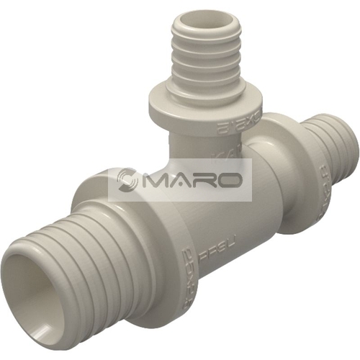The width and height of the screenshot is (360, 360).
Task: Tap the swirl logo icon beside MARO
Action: (x=127, y=179)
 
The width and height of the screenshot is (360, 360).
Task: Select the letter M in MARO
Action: (x=153, y=179)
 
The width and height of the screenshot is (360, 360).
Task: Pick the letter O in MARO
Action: (x=228, y=179)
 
